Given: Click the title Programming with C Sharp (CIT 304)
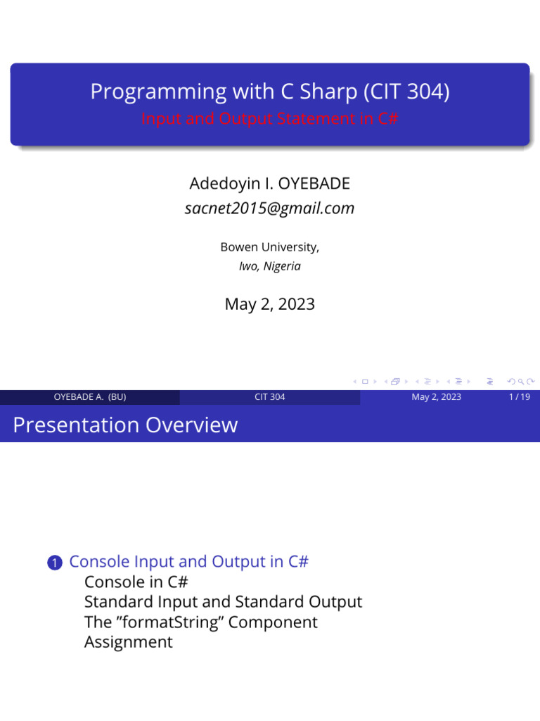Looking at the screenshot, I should [269, 92].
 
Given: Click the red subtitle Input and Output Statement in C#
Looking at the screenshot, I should [269, 118].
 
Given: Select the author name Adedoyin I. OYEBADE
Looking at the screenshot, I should [269, 184].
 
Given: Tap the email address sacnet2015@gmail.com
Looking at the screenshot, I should [269, 208].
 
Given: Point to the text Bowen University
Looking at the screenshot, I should [269, 247].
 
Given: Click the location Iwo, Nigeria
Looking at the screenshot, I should [269, 266].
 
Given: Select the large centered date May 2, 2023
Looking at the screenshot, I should [269, 304].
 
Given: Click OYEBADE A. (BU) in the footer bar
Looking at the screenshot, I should [90, 397].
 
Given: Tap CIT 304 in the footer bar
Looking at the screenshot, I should [270, 397].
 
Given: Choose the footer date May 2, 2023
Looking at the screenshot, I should [437, 397].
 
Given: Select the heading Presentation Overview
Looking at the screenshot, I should [125, 425].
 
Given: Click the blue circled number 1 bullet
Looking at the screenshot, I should [55, 563].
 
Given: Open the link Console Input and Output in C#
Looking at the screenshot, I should [189, 562].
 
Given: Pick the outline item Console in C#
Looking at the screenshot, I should [136, 582].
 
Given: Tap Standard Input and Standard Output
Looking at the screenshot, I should [223, 602].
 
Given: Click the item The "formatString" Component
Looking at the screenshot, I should [200, 622].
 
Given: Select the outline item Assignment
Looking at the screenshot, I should [128, 642].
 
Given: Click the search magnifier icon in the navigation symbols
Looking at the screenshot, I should [521, 382].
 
